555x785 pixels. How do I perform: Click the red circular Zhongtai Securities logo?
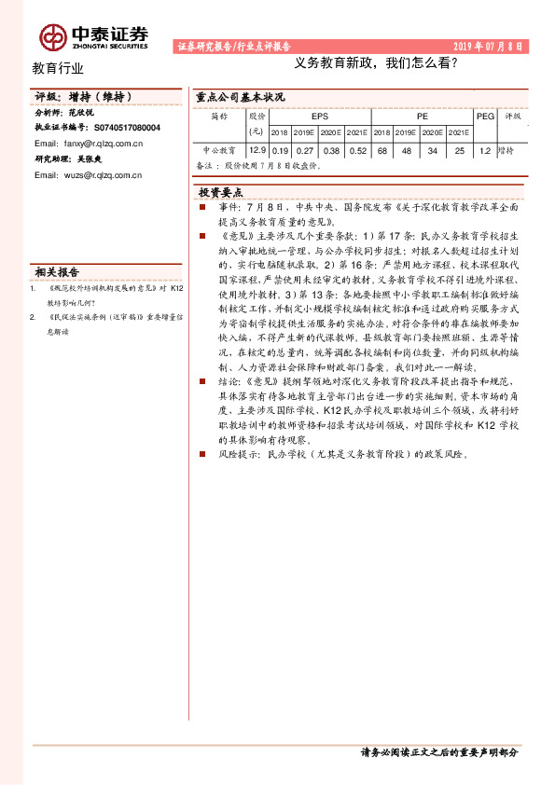(52, 36)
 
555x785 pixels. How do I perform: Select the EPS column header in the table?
(319, 117)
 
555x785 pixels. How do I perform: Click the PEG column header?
(484, 117)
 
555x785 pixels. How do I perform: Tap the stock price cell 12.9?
(257, 150)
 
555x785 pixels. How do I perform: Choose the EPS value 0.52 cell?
(357, 150)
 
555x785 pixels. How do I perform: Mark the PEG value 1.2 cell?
(484, 150)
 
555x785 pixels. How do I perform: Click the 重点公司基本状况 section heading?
(241, 97)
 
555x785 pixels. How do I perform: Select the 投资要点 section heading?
(221, 191)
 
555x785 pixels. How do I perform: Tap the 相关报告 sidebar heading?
(57, 273)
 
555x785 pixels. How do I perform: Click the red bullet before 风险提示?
(203, 453)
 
